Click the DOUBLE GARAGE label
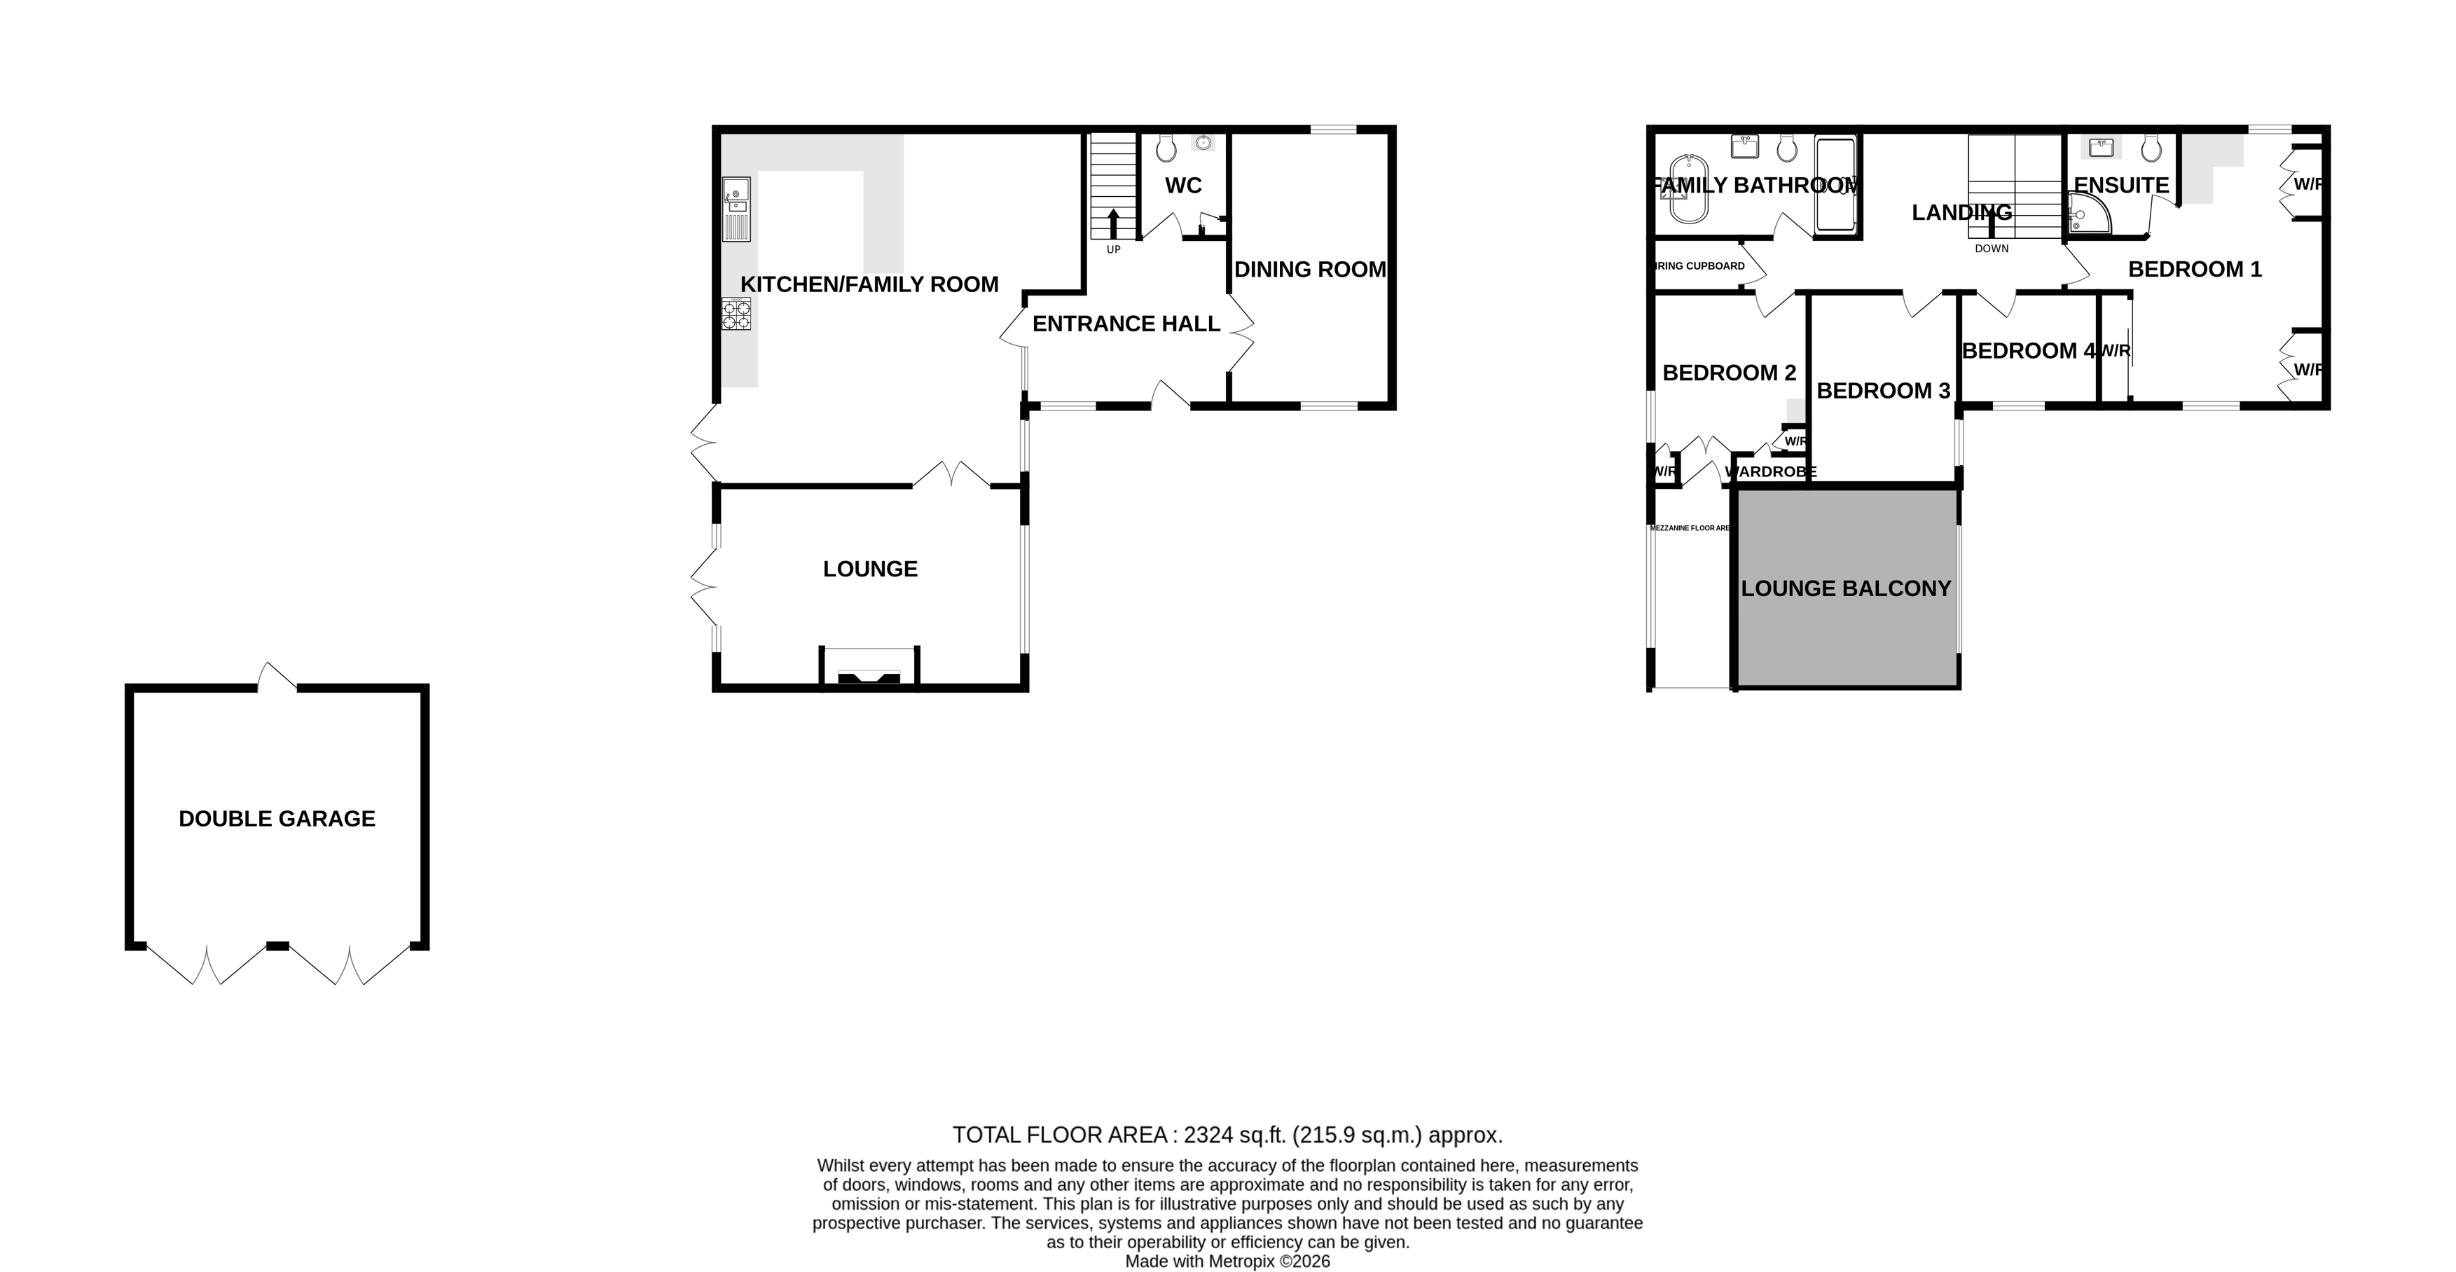click(277, 818)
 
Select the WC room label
click(1182, 185)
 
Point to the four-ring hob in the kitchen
click(736, 314)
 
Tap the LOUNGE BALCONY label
click(1845, 588)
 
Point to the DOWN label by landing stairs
click(1991, 249)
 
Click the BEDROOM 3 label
click(1882, 390)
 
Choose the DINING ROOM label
click(1309, 269)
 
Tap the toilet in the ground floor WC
click(1165, 148)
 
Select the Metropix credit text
click(1227, 1261)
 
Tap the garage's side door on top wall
click(277, 677)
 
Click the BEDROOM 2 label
click(1729, 373)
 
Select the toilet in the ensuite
click(2150, 148)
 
